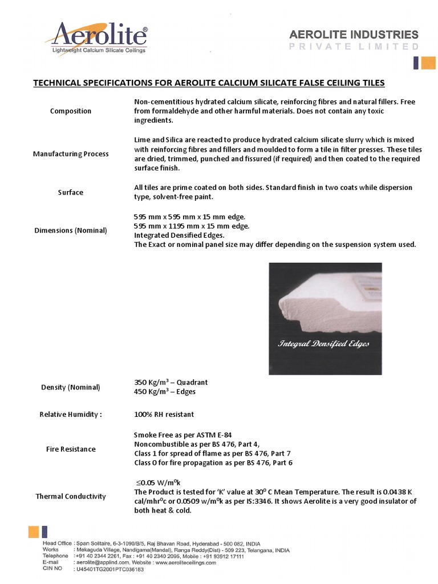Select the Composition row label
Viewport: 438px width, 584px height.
click(71, 111)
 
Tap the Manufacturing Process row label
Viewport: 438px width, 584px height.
click(71, 154)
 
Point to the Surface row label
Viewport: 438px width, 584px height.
click(71, 192)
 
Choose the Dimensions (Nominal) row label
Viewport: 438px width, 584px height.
click(71, 230)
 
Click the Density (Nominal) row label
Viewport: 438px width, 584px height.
click(71, 387)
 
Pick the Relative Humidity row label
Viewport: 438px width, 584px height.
click(71, 414)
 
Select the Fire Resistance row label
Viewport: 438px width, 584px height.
click(71, 449)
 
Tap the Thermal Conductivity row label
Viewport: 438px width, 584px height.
click(71, 496)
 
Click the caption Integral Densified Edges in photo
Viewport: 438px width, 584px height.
click(323, 344)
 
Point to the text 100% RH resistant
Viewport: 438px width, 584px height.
click(164, 414)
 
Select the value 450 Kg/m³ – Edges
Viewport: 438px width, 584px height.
click(165, 392)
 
